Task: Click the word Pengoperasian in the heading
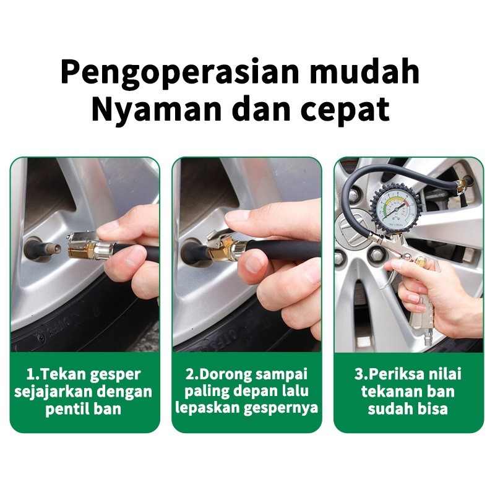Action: [x=179, y=73]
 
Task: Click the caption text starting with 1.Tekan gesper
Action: [x=84, y=392]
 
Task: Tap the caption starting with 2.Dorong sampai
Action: [x=247, y=391]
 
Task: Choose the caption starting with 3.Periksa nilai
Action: [x=408, y=391]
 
